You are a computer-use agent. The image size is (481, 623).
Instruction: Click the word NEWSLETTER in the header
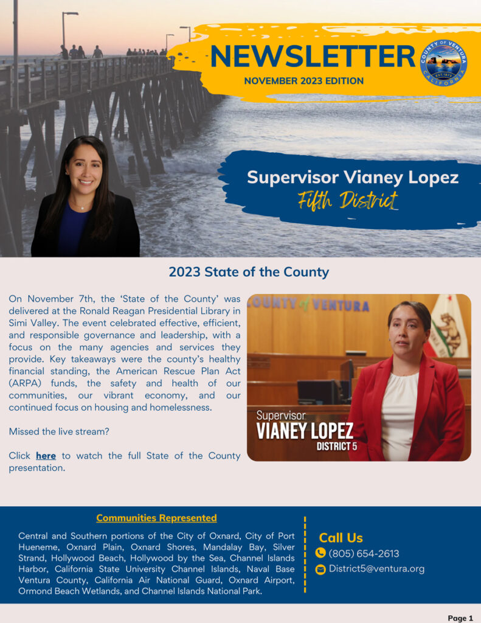point(313,57)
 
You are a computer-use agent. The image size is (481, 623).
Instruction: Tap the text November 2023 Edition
point(303,81)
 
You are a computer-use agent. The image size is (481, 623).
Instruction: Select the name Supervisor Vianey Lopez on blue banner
point(353,178)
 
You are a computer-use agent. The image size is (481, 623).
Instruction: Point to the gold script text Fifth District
point(348,200)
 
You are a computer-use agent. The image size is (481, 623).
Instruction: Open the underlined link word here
point(46,456)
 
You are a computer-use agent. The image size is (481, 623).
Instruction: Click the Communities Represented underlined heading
point(156,518)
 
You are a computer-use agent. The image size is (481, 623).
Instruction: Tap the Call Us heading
point(341,538)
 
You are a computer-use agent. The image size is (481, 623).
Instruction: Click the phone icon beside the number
point(320,553)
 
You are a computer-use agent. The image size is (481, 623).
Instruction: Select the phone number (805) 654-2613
point(364,554)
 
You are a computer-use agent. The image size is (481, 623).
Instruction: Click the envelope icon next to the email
point(320,569)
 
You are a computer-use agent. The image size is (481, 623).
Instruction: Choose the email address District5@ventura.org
point(376,569)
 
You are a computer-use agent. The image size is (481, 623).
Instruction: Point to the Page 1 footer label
point(460,618)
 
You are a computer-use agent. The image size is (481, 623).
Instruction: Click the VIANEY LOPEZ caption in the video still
point(305,431)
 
